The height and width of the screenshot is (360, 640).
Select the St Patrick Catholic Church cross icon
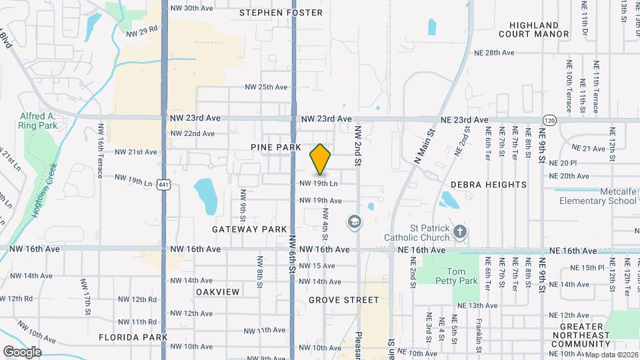[x=459, y=232]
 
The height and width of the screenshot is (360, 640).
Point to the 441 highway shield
[x=163, y=184]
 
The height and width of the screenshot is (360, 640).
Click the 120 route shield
[x=549, y=120]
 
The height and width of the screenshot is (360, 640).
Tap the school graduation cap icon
[x=355, y=222]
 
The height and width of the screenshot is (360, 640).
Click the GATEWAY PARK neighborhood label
[x=249, y=229]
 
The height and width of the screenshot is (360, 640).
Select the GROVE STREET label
[x=344, y=301]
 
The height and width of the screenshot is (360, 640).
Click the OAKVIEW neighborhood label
[x=217, y=292]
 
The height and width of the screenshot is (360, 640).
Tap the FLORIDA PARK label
[x=133, y=337]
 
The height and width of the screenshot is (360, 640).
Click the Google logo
[x=23, y=351]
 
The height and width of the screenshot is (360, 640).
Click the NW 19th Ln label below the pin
[x=319, y=183]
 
